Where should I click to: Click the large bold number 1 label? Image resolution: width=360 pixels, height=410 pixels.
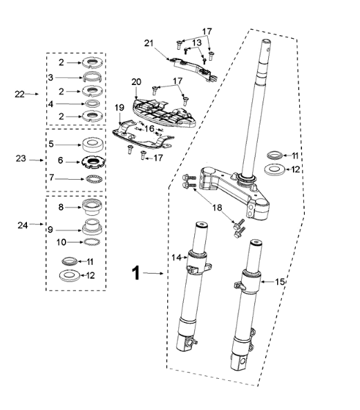tap(136, 274)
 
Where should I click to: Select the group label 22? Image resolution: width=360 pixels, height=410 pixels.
tap(21, 94)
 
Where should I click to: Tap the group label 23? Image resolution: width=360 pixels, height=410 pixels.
tap(21, 158)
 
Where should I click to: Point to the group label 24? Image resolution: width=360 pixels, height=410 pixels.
tap(21, 225)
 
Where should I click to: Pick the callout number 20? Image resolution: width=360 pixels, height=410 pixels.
tap(136, 82)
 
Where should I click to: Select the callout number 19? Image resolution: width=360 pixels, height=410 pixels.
tap(119, 107)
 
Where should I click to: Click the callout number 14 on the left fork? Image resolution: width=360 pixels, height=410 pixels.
tap(175, 257)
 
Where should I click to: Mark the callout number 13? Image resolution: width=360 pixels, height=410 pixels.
tap(196, 43)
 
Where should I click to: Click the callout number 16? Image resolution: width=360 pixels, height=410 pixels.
tap(149, 129)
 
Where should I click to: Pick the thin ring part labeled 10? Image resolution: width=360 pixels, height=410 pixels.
tap(91, 243)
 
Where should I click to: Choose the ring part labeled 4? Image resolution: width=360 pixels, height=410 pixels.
tap(91, 103)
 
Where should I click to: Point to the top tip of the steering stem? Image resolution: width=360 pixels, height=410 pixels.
tap(267, 43)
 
